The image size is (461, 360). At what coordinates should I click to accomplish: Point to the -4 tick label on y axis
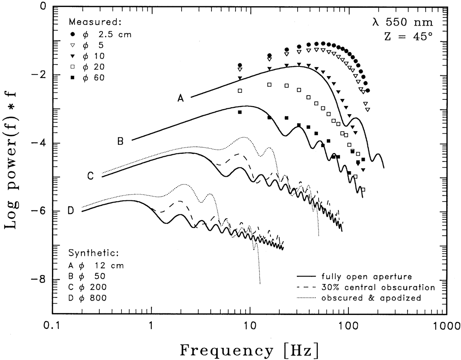tap(40, 143)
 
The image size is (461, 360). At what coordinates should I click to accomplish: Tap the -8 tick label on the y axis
tap(40, 280)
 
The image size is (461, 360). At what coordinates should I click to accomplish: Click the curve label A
tap(181, 99)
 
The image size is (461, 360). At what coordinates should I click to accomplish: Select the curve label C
tap(90, 176)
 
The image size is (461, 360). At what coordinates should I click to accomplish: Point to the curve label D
tap(71, 210)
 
